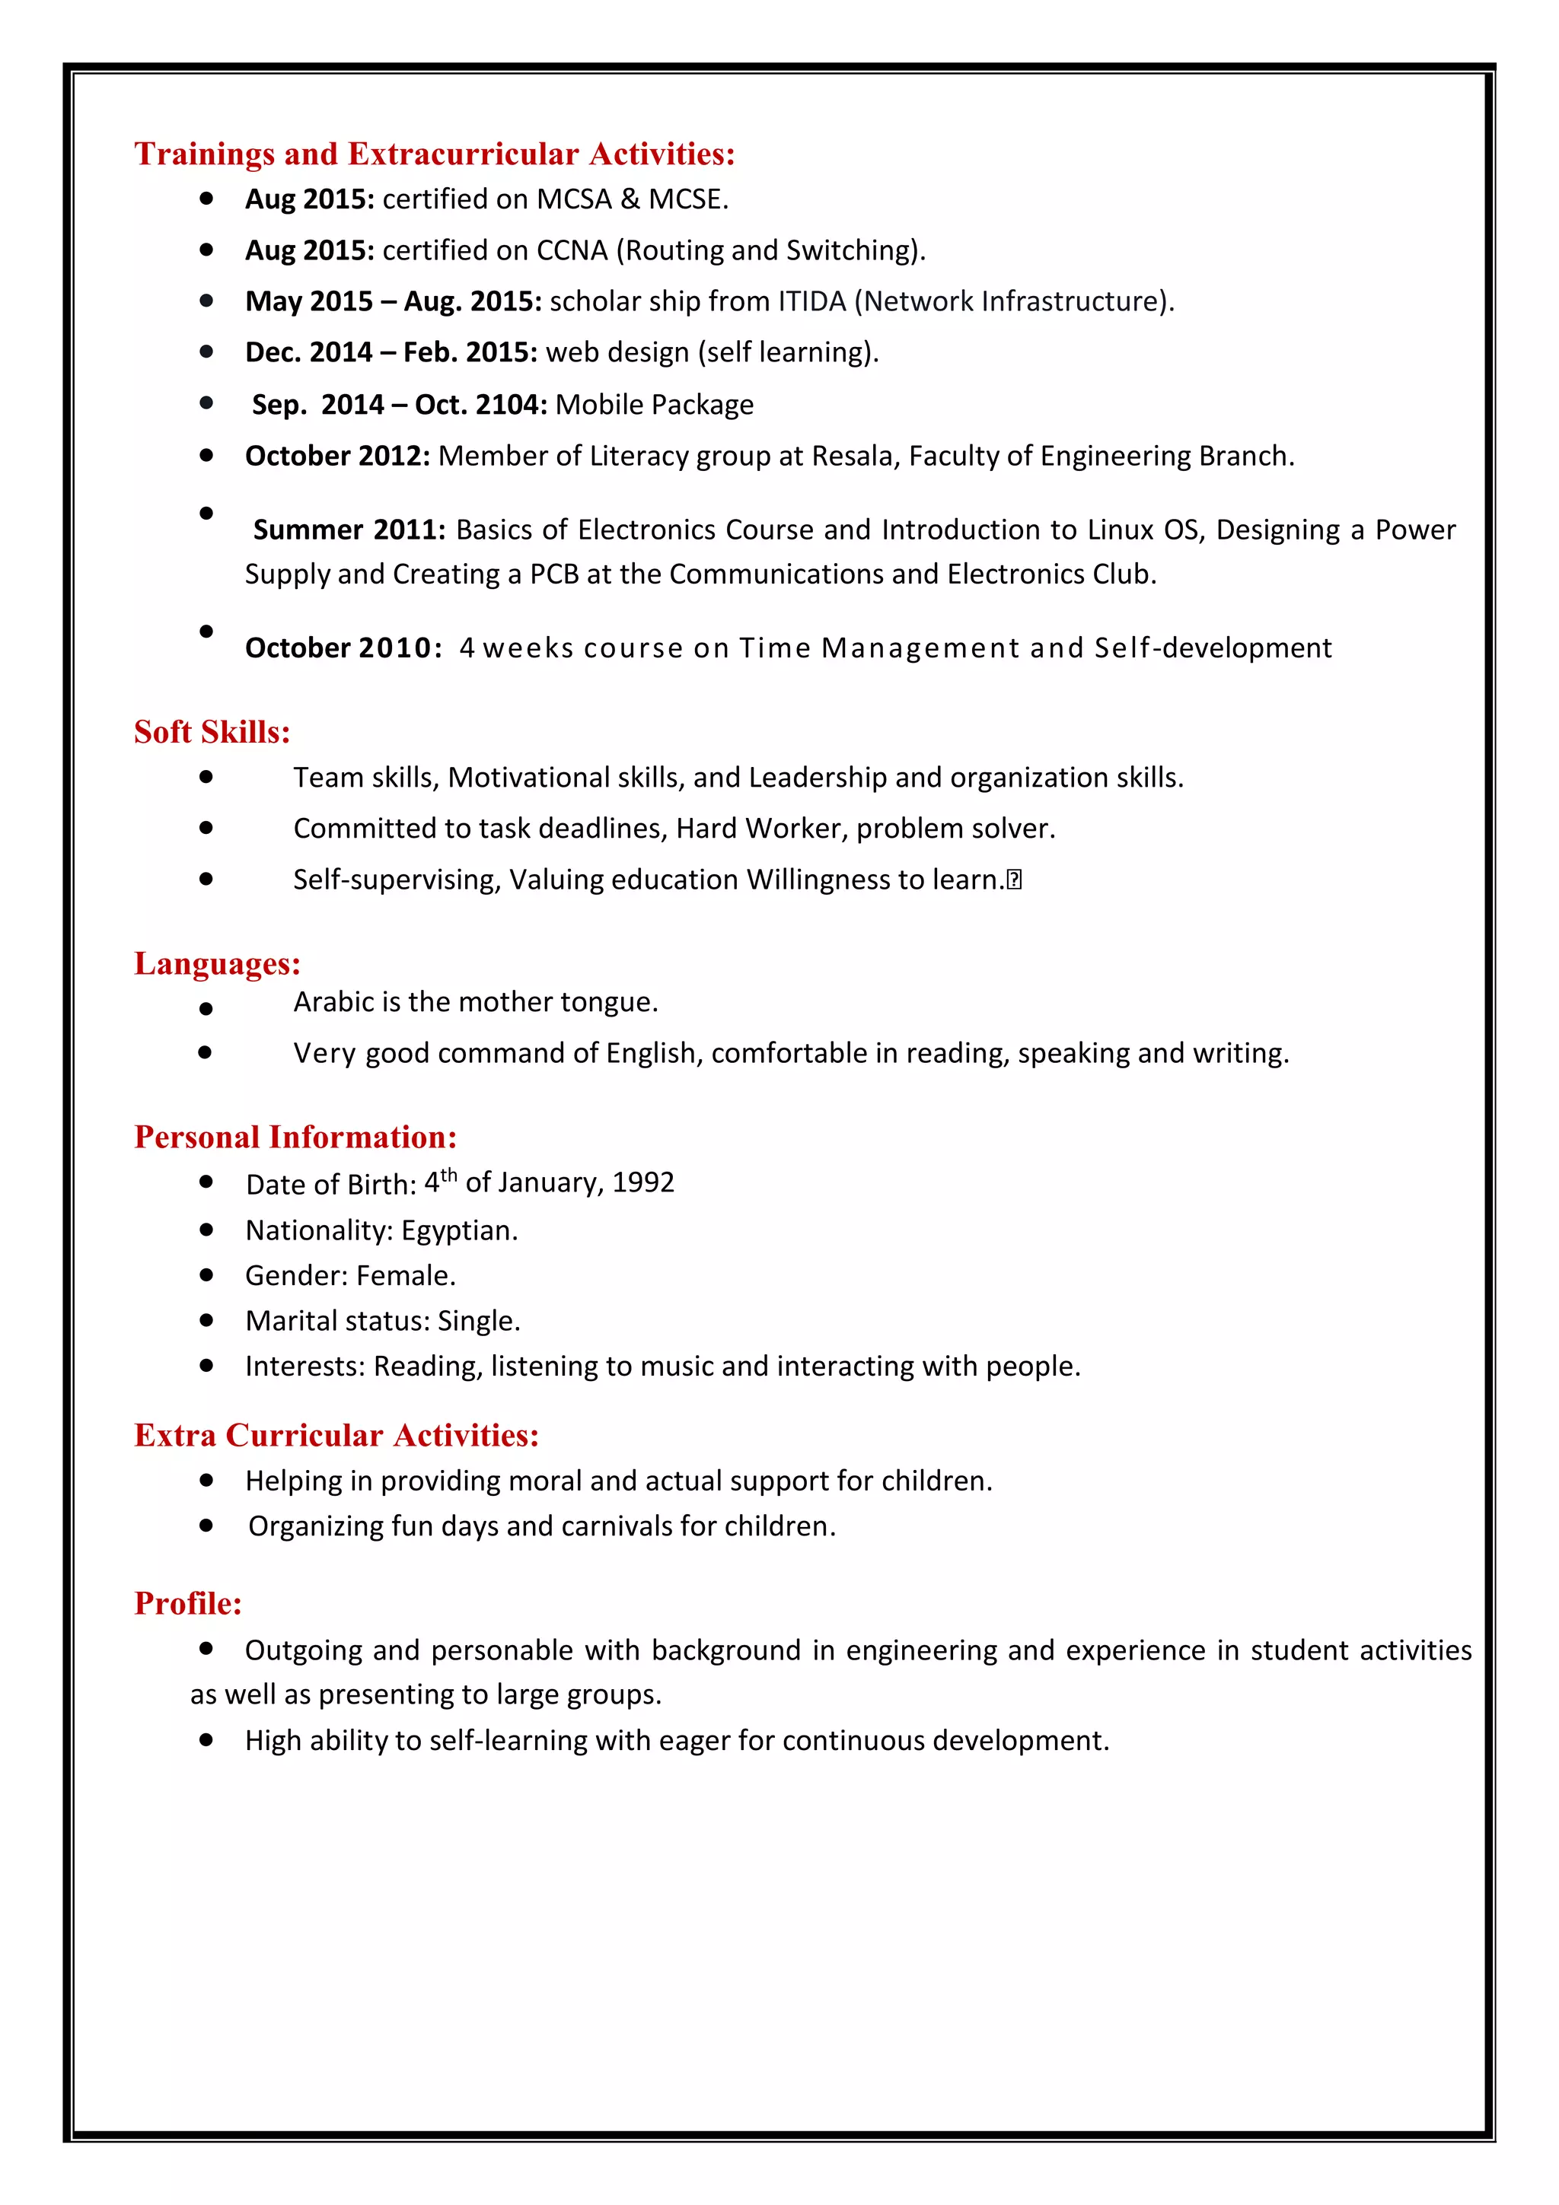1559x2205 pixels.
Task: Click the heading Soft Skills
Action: point(212,732)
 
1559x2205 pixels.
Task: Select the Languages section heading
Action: point(217,963)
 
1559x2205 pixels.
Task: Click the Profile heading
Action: point(187,1603)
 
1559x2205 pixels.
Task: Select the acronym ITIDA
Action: point(811,301)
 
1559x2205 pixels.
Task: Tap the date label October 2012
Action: point(336,457)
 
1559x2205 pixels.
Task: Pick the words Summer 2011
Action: point(349,530)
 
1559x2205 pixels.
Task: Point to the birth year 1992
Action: point(642,1182)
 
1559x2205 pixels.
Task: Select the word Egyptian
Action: point(458,1230)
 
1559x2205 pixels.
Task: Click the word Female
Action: point(404,1275)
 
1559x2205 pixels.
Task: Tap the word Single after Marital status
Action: point(477,1322)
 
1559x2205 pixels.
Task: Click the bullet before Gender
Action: point(206,1274)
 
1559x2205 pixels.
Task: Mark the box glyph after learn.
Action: point(1015,880)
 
